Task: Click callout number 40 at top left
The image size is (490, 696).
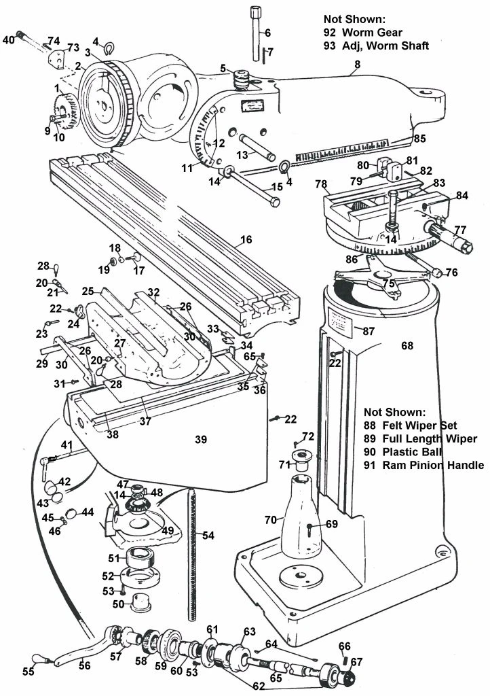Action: [x=8, y=39]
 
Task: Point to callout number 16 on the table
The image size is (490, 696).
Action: [x=245, y=240]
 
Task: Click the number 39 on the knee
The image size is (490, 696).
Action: [x=200, y=440]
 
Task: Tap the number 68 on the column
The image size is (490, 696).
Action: [x=407, y=346]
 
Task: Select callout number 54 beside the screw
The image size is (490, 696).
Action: [x=208, y=536]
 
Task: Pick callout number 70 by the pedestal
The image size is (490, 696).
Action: [x=269, y=520]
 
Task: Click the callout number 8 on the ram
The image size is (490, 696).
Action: [x=356, y=65]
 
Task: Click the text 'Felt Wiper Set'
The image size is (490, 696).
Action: [x=416, y=425]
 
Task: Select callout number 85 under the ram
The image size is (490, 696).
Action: [x=419, y=139]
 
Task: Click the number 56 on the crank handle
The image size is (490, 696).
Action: [x=84, y=666]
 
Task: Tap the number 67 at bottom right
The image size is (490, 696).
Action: [x=356, y=662]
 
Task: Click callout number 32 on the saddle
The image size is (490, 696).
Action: [x=154, y=294]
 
